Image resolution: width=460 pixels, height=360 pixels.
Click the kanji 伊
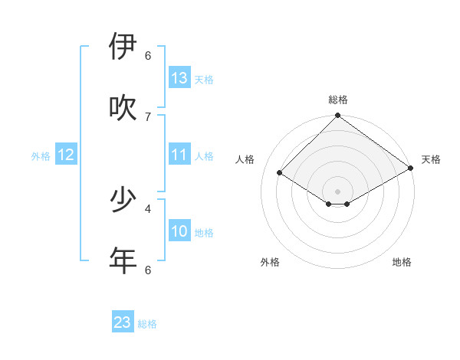pyautogui.click(x=123, y=47)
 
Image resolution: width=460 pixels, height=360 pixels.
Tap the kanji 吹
pyautogui.click(x=123, y=108)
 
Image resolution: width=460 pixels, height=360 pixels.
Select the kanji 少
pyautogui.click(x=123, y=200)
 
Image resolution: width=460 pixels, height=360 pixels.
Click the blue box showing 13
pyautogui.click(x=179, y=78)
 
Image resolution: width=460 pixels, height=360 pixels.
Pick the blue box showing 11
pyautogui.click(x=179, y=155)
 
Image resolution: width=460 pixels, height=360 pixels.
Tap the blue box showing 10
pyautogui.click(x=179, y=231)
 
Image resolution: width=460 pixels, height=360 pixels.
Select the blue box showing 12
pyautogui.click(x=66, y=155)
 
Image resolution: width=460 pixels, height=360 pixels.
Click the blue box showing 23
pyautogui.click(x=123, y=322)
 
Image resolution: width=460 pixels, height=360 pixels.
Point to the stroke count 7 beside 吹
pyautogui.click(x=148, y=116)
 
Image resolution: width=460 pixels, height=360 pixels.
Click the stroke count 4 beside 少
pyautogui.click(x=148, y=208)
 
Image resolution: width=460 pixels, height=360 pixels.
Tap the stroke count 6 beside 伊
pyautogui.click(x=148, y=55)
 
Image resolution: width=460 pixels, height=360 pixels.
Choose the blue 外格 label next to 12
pyautogui.click(x=41, y=156)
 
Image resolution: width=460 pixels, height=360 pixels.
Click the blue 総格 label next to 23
pyautogui.click(x=147, y=324)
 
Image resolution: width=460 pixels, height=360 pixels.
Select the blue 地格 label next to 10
pyautogui.click(x=204, y=233)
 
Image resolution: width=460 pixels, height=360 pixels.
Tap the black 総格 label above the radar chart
pyautogui.click(x=338, y=100)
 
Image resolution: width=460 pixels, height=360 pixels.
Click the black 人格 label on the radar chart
pyautogui.click(x=245, y=159)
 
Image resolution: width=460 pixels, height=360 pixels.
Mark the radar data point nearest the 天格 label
pyautogui.click(x=411, y=169)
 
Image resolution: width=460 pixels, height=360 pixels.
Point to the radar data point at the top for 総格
pyautogui.click(x=337, y=116)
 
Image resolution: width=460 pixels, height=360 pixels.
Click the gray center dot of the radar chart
pyautogui.click(x=337, y=191)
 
